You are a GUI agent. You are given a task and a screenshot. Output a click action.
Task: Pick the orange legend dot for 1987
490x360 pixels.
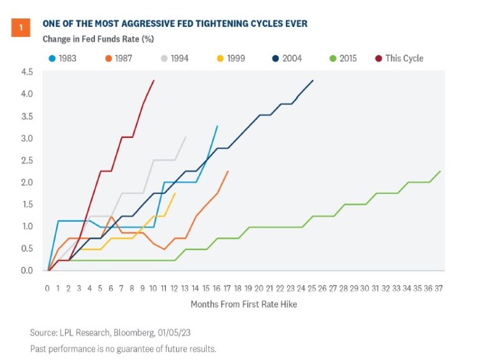[x=109, y=58]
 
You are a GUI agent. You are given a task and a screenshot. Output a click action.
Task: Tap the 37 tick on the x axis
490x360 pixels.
[x=438, y=287]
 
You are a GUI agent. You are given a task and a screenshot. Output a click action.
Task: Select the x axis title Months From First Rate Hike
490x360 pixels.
[x=244, y=304]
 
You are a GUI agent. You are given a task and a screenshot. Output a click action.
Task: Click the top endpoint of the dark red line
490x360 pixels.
[x=154, y=80]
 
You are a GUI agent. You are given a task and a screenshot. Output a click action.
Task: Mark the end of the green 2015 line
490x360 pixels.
[x=440, y=171]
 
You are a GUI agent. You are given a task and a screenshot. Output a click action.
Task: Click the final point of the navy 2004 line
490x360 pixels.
[x=313, y=80]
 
